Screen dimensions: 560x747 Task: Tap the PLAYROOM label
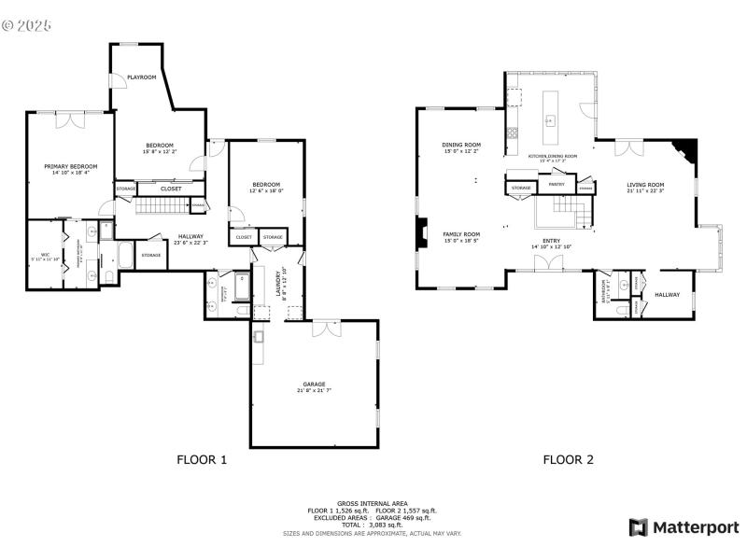coord(141,77)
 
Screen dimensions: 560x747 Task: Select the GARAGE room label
coord(314,384)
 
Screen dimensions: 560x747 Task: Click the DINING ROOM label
coord(461,145)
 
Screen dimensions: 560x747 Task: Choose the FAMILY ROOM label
coord(461,234)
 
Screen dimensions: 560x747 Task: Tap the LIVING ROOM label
coord(644,185)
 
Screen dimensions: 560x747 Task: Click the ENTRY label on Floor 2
coord(551,241)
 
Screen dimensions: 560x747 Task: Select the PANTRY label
coord(557,184)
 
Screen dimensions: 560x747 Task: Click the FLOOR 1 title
coord(202,459)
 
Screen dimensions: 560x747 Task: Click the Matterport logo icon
coord(639,527)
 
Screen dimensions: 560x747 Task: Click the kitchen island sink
coord(550,119)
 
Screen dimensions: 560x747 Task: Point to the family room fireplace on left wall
coord(422,234)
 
